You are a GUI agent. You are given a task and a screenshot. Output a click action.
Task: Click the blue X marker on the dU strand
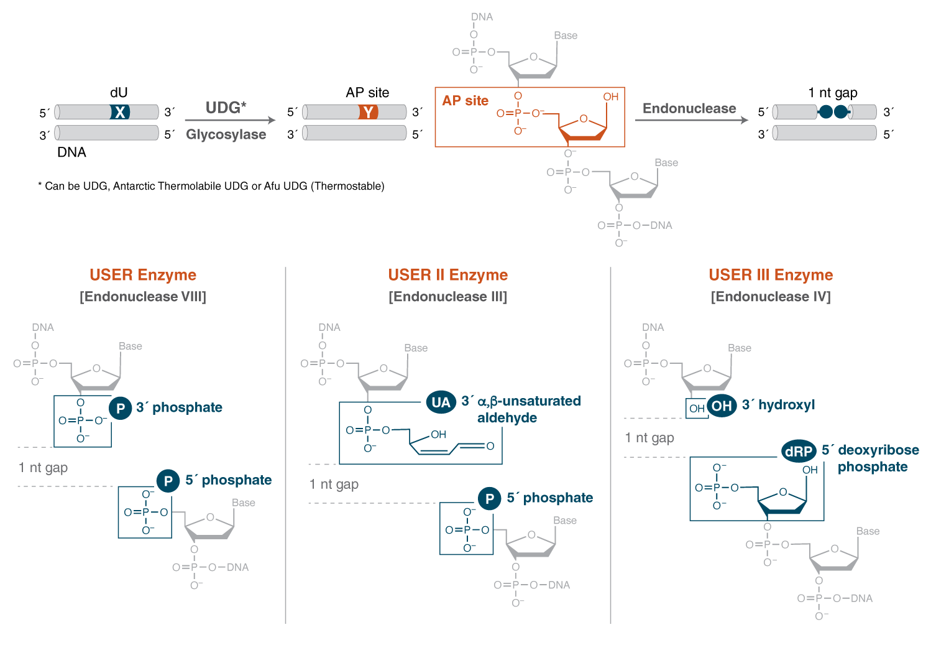(120, 112)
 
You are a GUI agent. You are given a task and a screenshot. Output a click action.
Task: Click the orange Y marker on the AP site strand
(369, 112)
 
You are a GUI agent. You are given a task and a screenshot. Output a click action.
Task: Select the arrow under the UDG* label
(230, 120)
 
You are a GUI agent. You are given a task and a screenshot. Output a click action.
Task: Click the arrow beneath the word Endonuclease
(691, 120)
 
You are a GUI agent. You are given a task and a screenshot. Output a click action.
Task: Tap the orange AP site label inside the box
(465, 101)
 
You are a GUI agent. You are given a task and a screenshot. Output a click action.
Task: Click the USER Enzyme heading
(143, 275)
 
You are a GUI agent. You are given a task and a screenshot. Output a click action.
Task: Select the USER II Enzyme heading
(447, 275)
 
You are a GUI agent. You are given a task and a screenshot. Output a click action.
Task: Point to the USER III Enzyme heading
(771, 275)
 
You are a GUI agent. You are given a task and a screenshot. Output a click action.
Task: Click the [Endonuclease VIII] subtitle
(143, 297)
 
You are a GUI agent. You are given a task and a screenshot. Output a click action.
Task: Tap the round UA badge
(441, 402)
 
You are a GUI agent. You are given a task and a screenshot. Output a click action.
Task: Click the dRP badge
(799, 452)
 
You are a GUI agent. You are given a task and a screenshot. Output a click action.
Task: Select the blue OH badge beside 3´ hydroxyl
(722, 406)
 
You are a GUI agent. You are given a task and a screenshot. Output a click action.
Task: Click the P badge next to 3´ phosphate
(121, 409)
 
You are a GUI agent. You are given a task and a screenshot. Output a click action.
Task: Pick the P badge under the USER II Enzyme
(489, 499)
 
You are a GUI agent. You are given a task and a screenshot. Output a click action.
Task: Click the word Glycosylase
(226, 134)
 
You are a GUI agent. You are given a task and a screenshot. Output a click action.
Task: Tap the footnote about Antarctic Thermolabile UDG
(211, 186)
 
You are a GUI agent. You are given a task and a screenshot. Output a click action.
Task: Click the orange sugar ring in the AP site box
(583, 128)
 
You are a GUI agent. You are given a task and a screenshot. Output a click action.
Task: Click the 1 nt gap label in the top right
(832, 93)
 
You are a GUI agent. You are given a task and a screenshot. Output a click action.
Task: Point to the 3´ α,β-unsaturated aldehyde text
(521, 409)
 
